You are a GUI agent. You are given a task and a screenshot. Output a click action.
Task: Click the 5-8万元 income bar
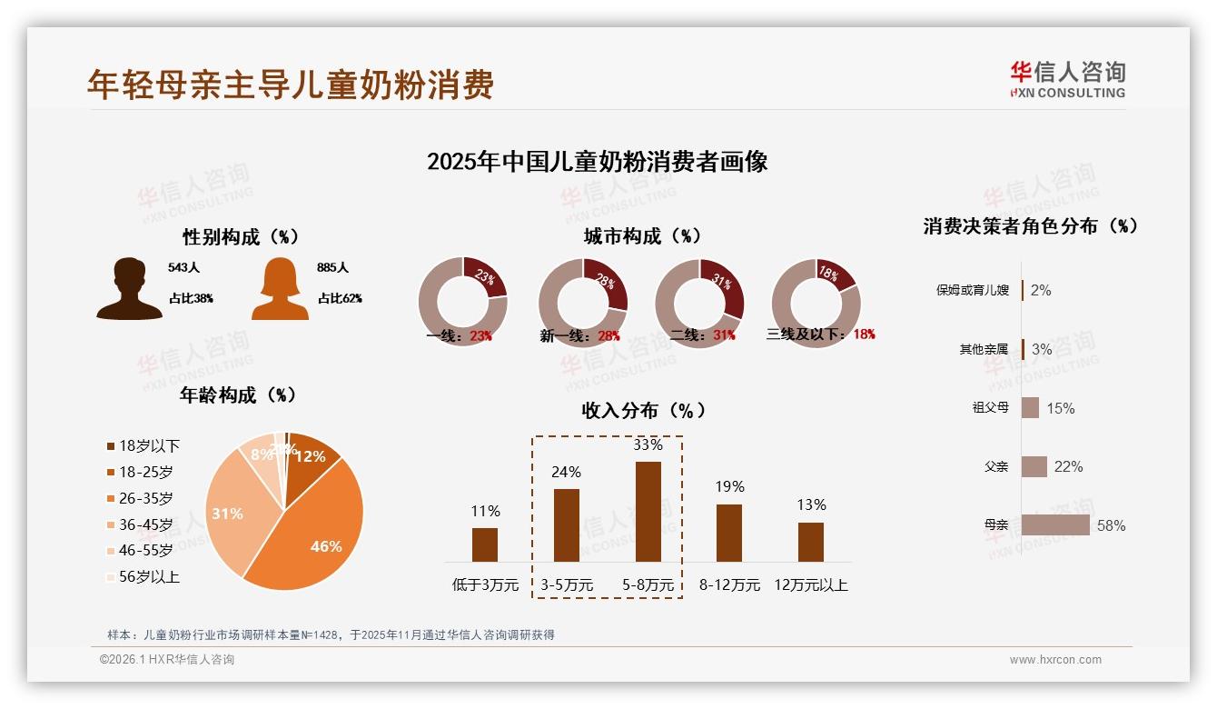(648, 511)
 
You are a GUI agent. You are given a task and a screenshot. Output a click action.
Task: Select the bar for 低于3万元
(485, 544)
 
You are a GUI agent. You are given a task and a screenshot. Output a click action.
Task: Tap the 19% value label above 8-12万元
(728, 486)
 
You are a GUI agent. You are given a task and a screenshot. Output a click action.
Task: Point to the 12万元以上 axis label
(810, 584)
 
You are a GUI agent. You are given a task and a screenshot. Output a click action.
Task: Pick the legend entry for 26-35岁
(145, 498)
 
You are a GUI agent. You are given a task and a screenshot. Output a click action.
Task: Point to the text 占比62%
(340, 298)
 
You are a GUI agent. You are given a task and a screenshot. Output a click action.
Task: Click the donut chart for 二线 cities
(699, 303)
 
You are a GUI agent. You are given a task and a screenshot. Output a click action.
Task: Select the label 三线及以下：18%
(820, 334)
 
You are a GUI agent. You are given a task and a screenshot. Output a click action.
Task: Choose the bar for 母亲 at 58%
(1054, 524)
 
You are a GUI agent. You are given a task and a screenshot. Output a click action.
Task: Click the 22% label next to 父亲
(1068, 466)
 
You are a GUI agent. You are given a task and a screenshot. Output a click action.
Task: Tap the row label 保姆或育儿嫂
(972, 290)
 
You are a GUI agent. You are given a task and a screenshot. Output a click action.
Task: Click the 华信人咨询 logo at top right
(1067, 79)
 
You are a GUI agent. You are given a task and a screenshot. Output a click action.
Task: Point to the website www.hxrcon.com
(1055, 660)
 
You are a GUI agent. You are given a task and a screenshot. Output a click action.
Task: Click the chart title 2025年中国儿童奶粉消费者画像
(597, 163)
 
